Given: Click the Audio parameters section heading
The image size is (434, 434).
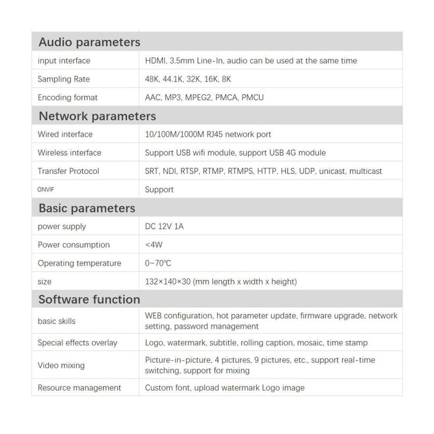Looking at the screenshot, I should point(89,42).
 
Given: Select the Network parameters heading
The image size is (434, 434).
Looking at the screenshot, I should point(97,116).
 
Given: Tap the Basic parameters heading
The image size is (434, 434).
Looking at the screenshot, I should point(87,208).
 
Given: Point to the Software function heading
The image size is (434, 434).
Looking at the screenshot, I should point(89,299).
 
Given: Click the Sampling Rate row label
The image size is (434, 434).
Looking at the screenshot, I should point(64,79).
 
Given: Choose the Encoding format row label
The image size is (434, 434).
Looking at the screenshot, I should point(68,97).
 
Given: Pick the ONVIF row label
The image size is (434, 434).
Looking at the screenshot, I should point(46,190).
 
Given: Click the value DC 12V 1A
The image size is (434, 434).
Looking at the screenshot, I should point(164,227).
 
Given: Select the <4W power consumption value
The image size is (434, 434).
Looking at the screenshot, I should point(154,245).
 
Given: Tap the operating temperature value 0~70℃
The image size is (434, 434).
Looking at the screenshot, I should point(158,263).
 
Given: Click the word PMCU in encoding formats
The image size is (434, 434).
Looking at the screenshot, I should point(252,97).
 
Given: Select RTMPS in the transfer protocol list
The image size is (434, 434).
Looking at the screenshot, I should point(240,171).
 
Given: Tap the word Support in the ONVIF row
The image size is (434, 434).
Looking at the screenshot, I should point(159,190).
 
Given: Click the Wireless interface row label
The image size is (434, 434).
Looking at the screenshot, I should point(69,153).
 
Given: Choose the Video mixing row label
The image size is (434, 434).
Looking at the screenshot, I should point(61,365).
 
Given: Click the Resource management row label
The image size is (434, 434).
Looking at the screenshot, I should point(79,388).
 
